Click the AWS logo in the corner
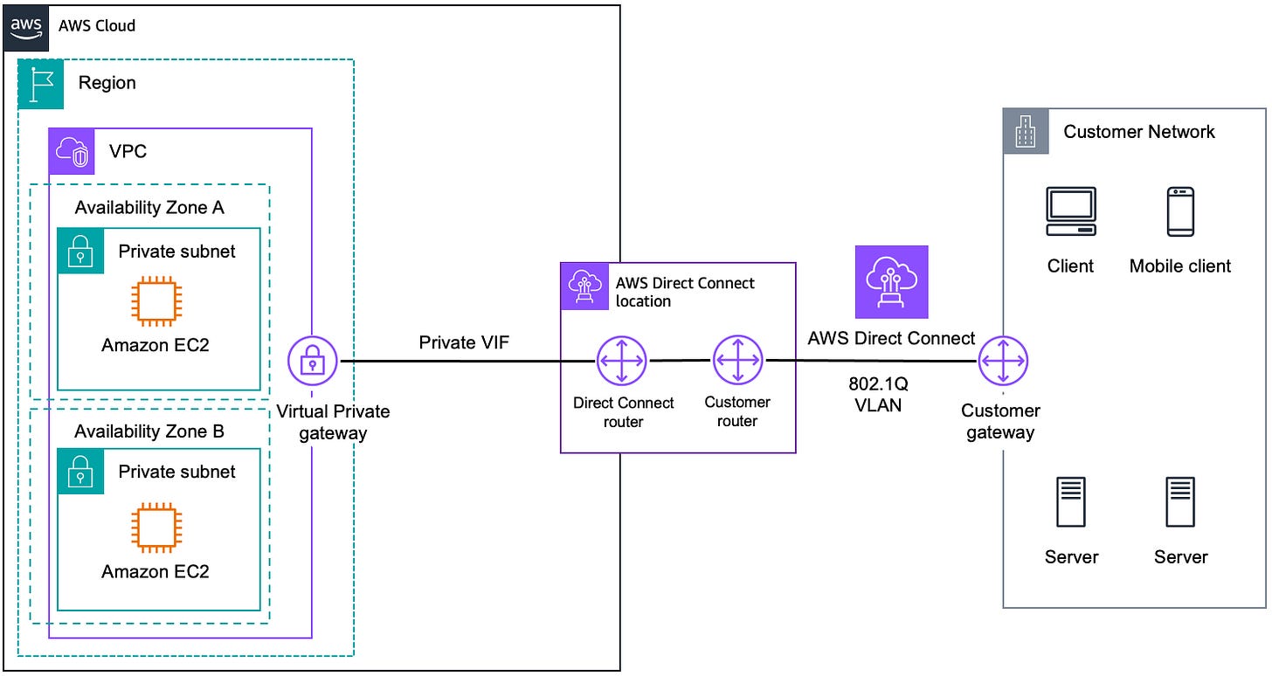click(x=26, y=26)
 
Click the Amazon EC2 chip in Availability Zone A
click(x=155, y=302)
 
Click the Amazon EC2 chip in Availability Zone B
click(x=155, y=529)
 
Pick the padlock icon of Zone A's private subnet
click(x=80, y=252)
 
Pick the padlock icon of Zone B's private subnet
click(x=80, y=472)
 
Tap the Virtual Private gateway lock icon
click(x=313, y=361)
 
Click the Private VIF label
click(x=464, y=342)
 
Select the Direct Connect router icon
click(x=621, y=360)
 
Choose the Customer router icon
click(x=737, y=360)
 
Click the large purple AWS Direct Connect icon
click(x=891, y=282)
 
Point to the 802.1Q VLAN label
click(x=878, y=394)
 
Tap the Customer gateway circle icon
click(x=1003, y=360)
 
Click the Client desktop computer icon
click(x=1071, y=212)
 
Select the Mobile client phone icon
click(x=1180, y=212)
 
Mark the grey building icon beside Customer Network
click(x=1025, y=132)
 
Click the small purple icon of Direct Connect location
click(x=583, y=286)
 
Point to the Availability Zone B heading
click(x=149, y=431)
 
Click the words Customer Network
click(x=1138, y=132)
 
